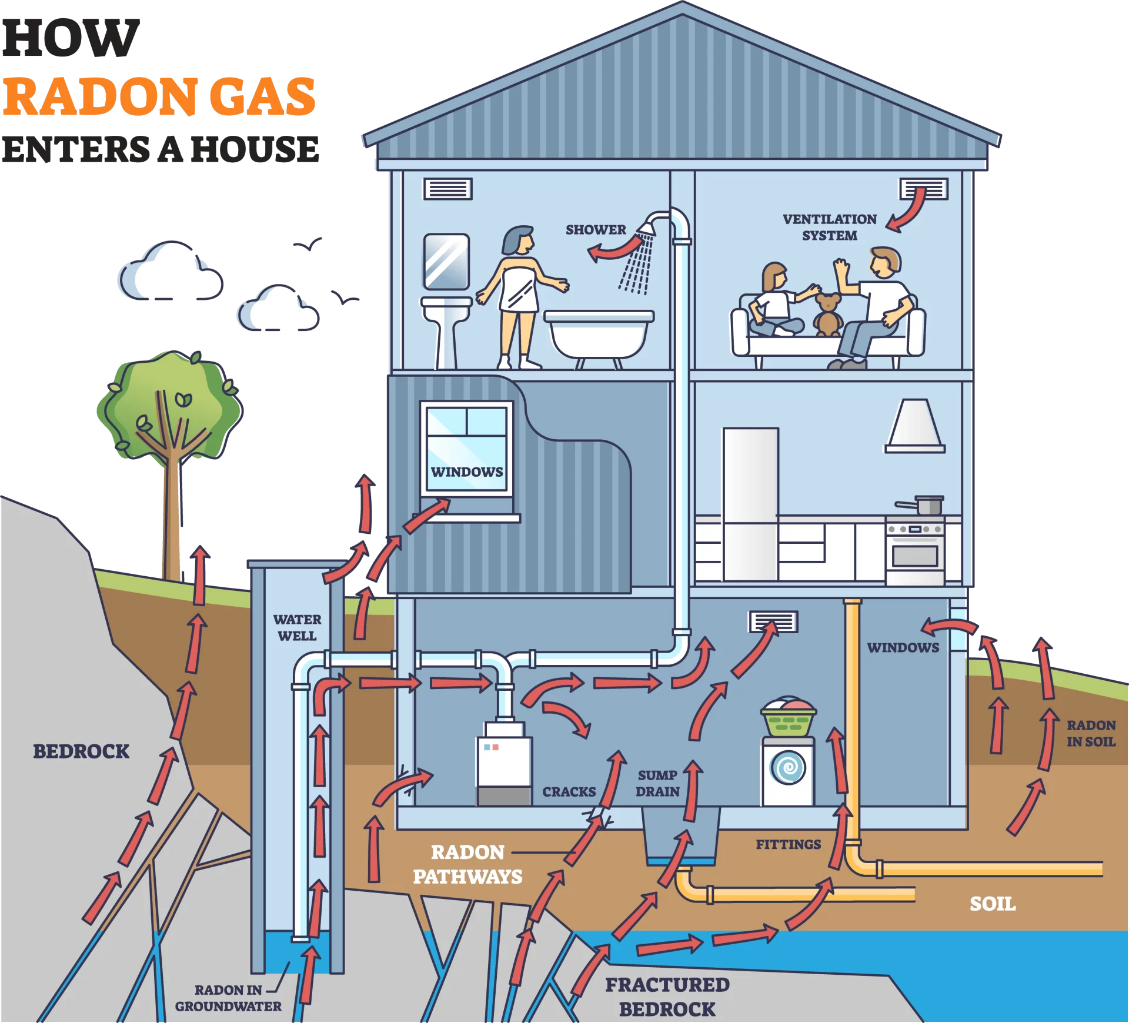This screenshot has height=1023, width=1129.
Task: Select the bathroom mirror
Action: tap(446, 262)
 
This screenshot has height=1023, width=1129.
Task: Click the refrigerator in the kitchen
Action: tap(751, 504)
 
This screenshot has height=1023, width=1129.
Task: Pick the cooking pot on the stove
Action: tap(921, 504)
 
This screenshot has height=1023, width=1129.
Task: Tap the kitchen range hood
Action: tap(915, 426)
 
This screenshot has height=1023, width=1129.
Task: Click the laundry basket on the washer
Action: tap(788, 717)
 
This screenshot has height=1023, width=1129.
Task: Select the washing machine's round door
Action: tap(788, 767)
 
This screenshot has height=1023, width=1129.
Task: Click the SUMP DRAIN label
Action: tap(657, 783)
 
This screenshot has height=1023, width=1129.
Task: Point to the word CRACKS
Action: tap(569, 792)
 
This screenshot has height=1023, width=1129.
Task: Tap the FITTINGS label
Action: tap(789, 844)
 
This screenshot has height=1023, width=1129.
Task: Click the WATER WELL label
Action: tap(297, 627)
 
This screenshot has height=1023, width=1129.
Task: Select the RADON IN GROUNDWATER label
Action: tap(228, 998)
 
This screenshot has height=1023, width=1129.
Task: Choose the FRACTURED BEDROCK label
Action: tap(667, 997)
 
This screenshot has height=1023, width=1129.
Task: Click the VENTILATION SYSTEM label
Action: tap(830, 227)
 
